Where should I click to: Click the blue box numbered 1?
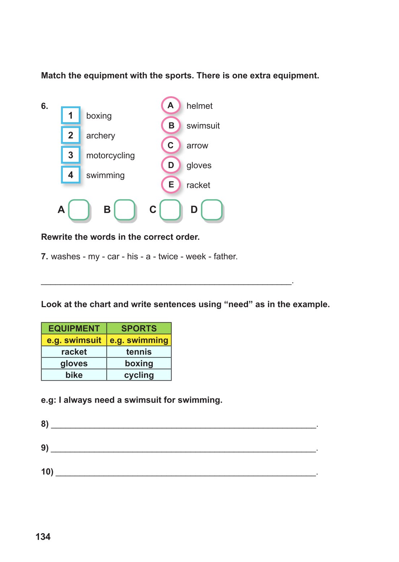coord(70,115)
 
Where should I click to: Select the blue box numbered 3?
coord(70,155)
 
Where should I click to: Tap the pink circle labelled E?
coord(171,185)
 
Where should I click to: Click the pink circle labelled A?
coord(171,105)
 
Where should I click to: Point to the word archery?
coord(100,136)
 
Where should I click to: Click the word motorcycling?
coord(110,155)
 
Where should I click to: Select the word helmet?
coord(199,106)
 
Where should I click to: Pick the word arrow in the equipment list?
coord(197,146)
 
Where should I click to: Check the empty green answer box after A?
coord(79,209)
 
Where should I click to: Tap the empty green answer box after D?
coord(212,209)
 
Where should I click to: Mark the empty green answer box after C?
coord(170,209)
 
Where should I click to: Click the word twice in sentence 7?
coord(168,256)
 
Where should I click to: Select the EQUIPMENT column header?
coord(74,328)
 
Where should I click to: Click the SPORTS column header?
coord(139,328)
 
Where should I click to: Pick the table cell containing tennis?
coord(139,352)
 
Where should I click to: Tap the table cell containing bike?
coord(74,375)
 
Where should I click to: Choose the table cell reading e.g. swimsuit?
coord(74,340)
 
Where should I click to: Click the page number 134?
coord(43,537)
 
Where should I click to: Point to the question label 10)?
coord(47,472)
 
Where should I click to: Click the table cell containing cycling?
coord(139,375)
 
